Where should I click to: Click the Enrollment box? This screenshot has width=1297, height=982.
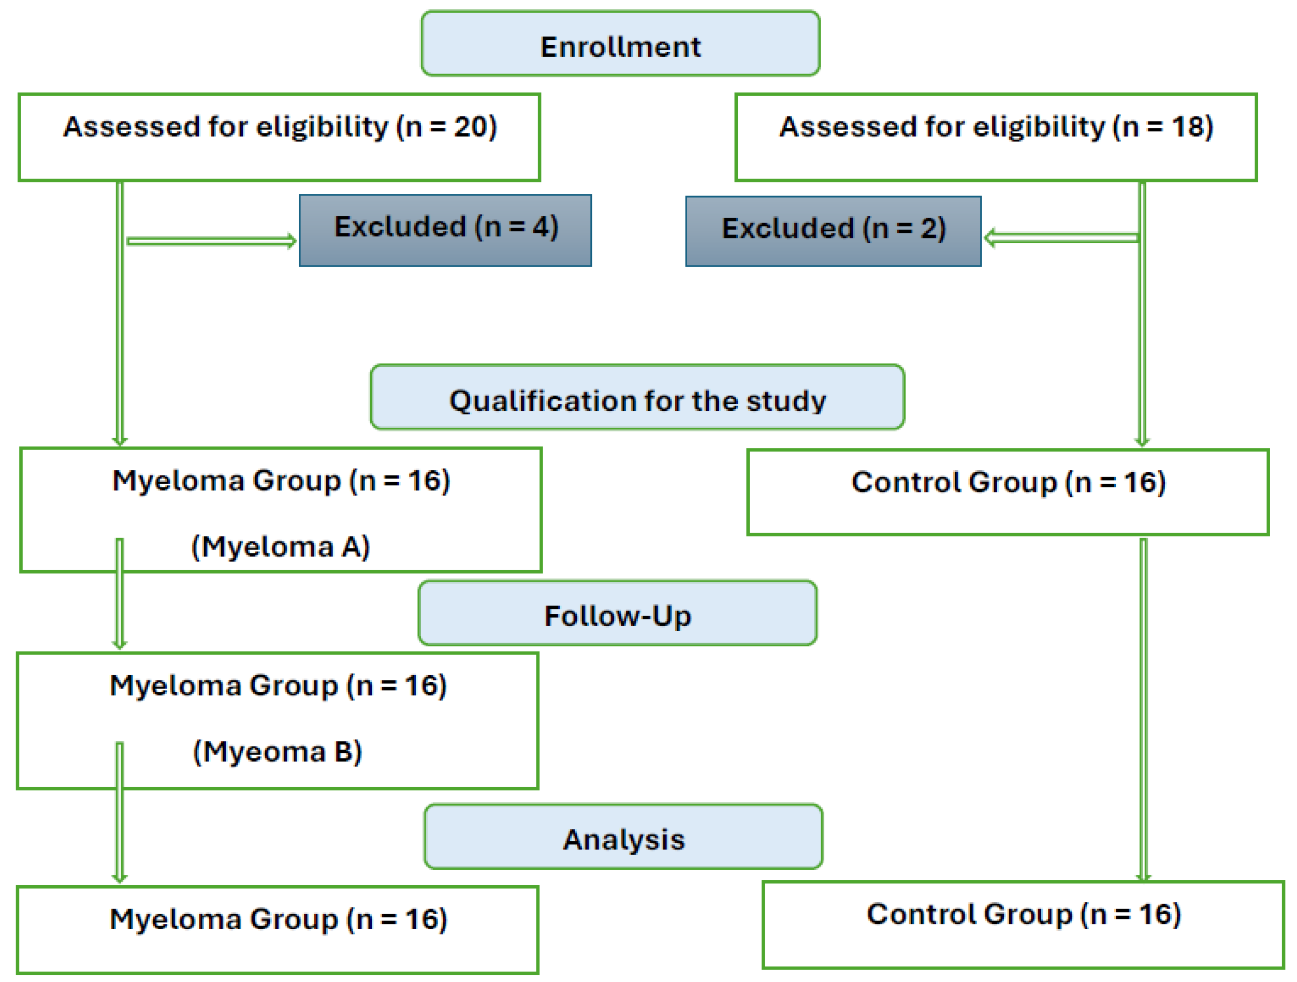tap(620, 44)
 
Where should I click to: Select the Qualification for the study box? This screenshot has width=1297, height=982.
tap(637, 398)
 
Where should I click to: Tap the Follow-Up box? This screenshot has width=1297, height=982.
tap(617, 614)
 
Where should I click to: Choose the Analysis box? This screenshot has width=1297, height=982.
tap(623, 837)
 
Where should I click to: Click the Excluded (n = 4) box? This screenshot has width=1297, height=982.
tap(445, 230)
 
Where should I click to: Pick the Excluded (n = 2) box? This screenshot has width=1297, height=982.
tap(833, 231)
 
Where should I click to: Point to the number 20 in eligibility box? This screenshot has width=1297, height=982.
tap(470, 127)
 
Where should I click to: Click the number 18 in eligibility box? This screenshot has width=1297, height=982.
tap(1187, 127)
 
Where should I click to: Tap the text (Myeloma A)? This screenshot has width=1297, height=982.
tap(280, 547)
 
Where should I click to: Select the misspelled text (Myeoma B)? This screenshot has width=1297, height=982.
tap(278, 752)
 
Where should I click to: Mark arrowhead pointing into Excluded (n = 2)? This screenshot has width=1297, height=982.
tap(990, 238)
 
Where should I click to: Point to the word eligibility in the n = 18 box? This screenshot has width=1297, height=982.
tap(1039, 127)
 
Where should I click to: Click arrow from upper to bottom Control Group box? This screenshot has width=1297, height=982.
tap(1143, 709)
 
